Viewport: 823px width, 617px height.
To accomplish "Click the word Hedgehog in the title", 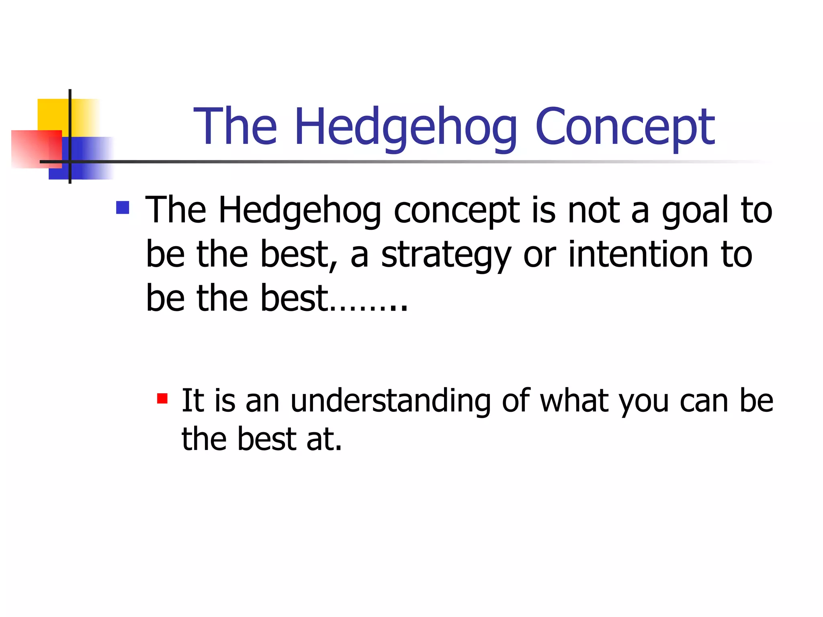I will (x=406, y=127).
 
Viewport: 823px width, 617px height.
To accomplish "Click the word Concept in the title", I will (x=624, y=127).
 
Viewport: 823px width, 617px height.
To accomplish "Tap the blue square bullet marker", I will (x=123, y=208).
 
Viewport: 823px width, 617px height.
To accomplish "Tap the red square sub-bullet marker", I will (x=162, y=398).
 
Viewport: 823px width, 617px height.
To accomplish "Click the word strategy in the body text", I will (x=445, y=255).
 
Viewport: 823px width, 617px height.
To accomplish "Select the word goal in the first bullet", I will (x=695, y=211).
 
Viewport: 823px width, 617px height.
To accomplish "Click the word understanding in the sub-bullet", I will (x=390, y=401).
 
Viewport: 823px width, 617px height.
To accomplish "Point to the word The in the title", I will (x=235, y=127).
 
